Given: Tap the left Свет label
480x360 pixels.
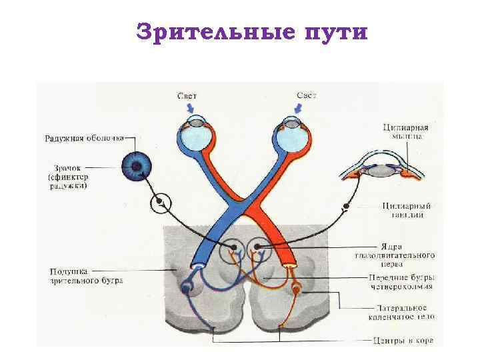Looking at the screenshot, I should click(187, 96).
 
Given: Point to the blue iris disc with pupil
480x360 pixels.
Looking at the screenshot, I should click(137, 165).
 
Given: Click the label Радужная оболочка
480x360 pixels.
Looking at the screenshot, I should click(84, 139).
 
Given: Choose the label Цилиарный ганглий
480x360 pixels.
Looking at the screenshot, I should click(407, 210).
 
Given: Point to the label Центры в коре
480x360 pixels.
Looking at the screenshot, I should click(403, 340).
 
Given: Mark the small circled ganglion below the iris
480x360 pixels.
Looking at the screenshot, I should click(160, 203).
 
